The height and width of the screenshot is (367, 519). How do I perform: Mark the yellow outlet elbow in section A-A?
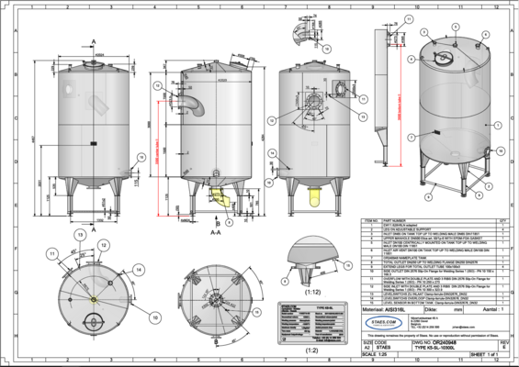[x=219, y=195]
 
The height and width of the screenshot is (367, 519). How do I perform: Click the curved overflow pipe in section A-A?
[x=197, y=103]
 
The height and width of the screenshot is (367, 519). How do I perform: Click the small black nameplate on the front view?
[x=95, y=144]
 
